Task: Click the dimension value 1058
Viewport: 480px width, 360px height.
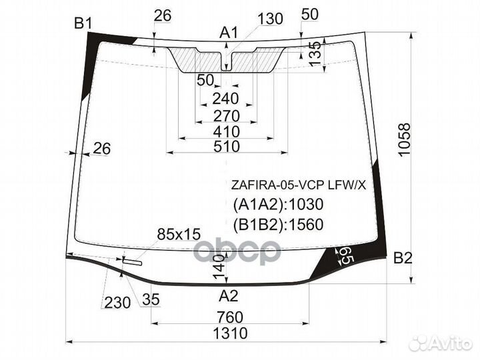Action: pos(405,140)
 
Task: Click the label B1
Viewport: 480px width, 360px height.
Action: pos(83,25)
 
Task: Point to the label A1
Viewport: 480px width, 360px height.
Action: pos(229,31)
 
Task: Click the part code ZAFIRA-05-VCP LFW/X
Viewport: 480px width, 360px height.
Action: pos(299,186)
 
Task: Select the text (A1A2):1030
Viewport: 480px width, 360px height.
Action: pos(277,205)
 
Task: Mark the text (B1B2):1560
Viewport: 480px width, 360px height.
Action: pos(277,225)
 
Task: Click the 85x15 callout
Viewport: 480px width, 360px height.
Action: pos(178,234)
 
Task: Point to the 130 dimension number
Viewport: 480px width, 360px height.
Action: pos(269,19)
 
